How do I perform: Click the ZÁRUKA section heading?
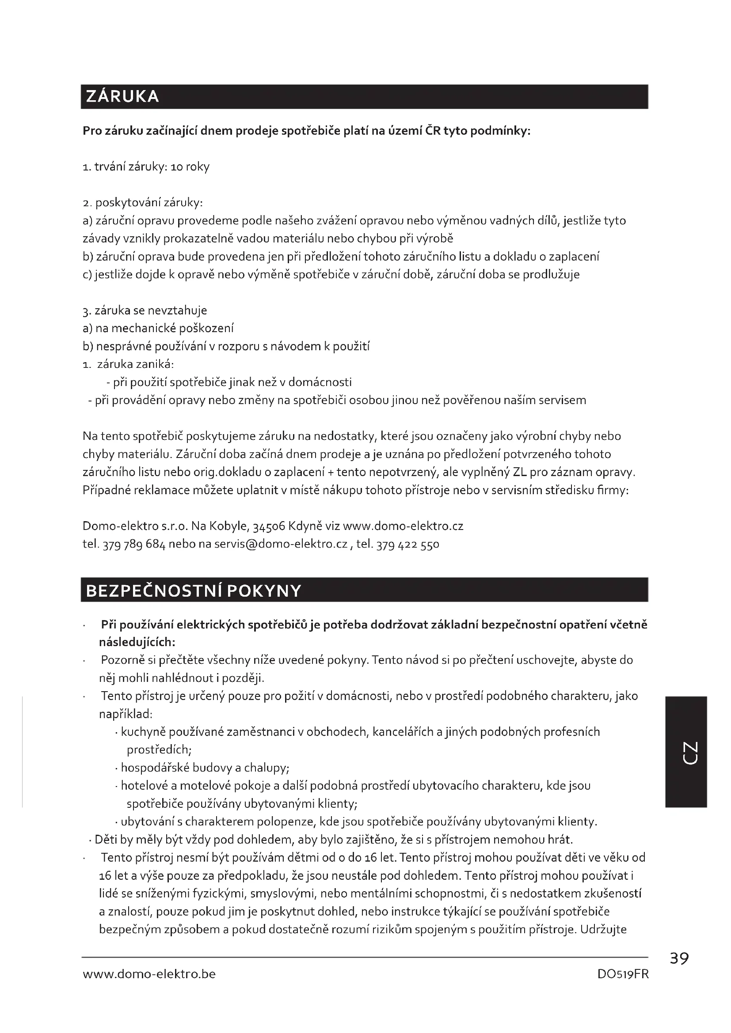coord(122,97)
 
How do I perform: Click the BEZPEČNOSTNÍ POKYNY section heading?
coord(193,591)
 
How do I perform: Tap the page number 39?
coord(679,959)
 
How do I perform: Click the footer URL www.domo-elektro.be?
coord(149,974)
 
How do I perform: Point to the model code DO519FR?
coord(623,974)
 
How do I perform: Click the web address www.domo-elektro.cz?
coord(403,526)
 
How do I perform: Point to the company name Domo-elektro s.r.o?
coord(135,526)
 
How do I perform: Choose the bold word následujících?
coord(137,642)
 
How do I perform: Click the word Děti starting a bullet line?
coord(106,840)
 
